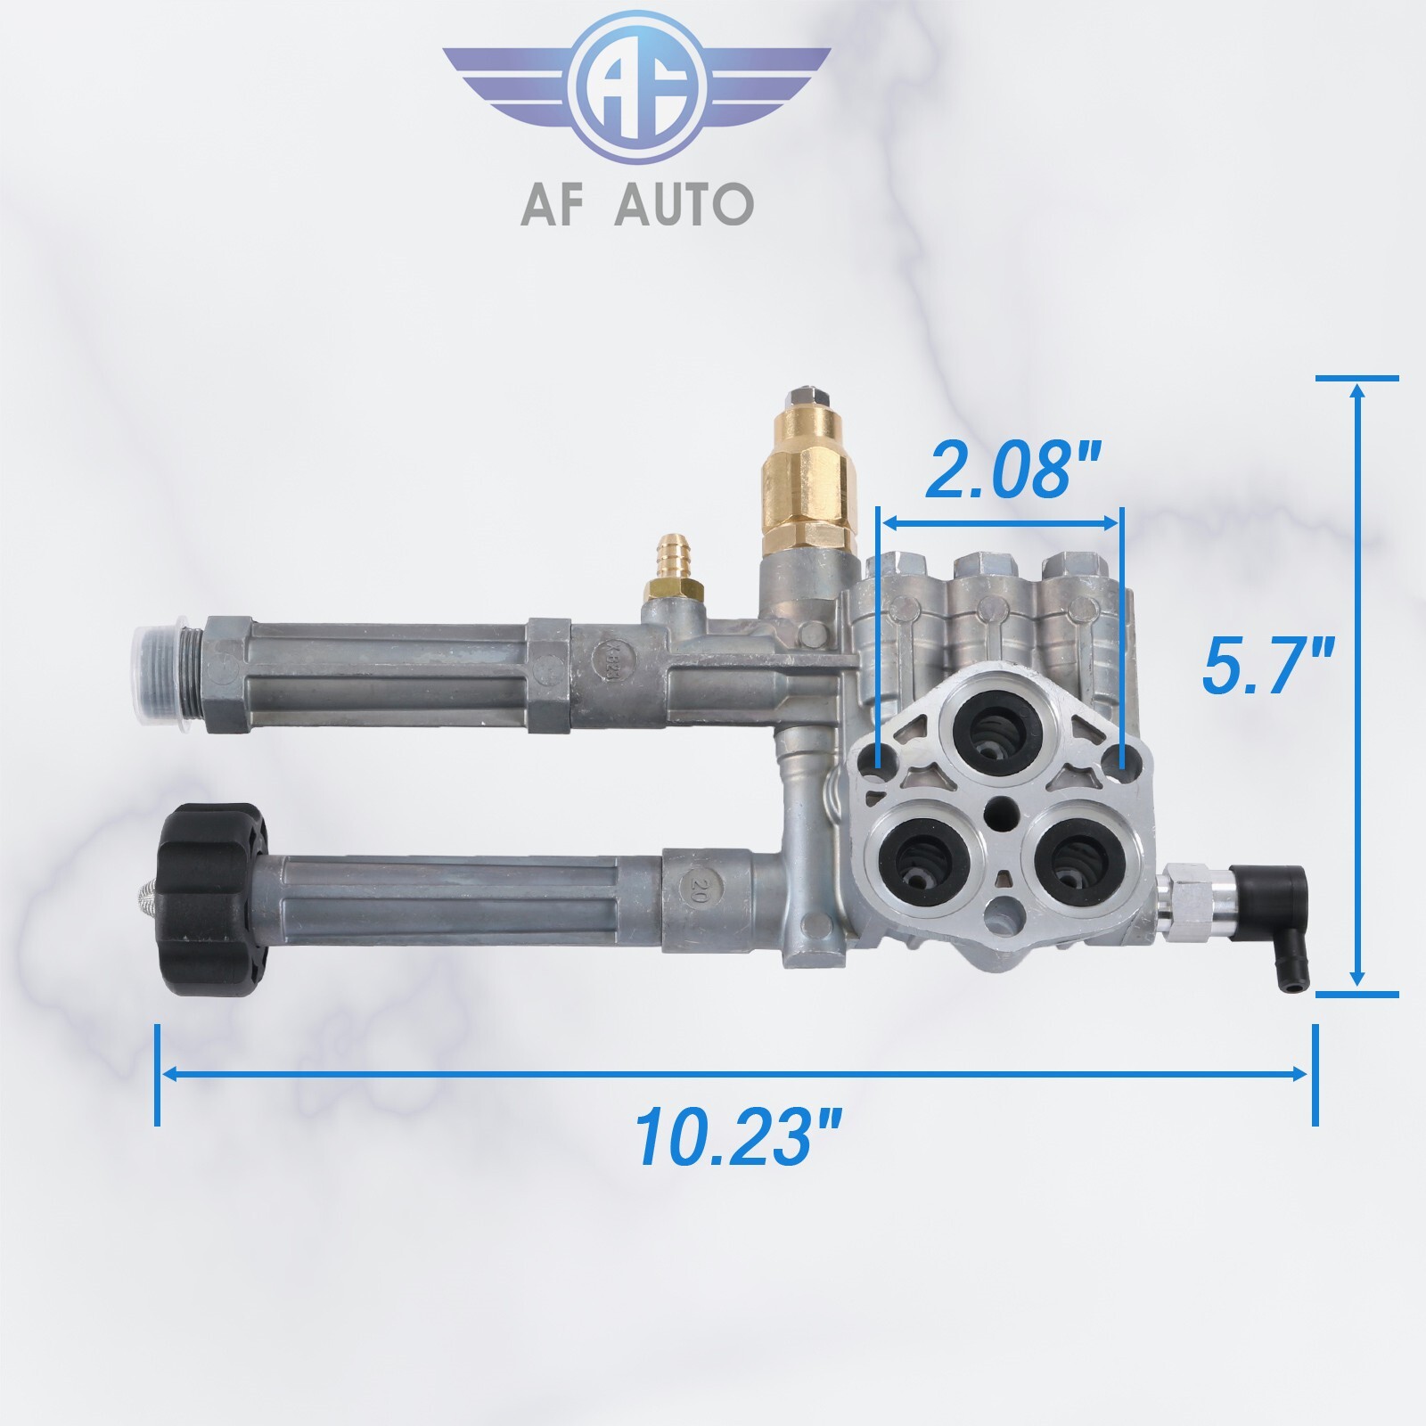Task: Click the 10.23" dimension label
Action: point(739,1137)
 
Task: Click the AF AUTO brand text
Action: point(636,204)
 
